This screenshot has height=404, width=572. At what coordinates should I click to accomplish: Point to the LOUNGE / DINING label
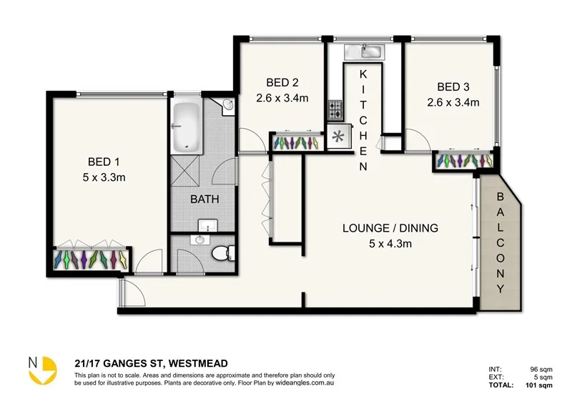click(390, 229)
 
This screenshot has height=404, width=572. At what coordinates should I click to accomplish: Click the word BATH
click(204, 199)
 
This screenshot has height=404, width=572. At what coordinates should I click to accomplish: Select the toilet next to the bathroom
click(225, 252)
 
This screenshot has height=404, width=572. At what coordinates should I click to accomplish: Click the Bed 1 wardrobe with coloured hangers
click(92, 258)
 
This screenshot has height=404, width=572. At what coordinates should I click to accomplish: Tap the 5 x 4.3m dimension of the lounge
click(390, 243)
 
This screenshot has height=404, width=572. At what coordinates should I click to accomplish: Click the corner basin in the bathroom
click(227, 107)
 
